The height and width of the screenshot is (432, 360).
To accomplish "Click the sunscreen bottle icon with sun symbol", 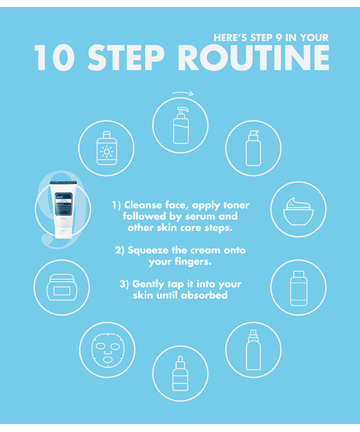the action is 107,148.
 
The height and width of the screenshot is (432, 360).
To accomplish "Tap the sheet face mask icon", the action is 107,350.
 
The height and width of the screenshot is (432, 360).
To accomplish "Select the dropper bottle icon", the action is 180,373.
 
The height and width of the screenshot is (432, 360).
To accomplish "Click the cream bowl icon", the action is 298,212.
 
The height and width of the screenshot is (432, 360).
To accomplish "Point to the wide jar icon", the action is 62,288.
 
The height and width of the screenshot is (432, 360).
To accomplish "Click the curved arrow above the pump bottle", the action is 183,93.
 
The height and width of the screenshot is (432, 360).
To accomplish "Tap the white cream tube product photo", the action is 63,209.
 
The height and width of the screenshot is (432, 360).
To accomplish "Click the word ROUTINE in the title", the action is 254,58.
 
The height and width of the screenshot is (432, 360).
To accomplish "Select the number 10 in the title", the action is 54,58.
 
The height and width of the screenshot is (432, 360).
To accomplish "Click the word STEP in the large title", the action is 126,58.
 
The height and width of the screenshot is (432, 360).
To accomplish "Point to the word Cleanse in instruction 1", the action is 143,205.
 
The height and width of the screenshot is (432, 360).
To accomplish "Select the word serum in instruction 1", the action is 200,216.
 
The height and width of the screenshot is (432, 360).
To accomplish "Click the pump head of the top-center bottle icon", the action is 182,111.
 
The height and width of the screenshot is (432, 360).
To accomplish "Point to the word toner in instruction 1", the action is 236,205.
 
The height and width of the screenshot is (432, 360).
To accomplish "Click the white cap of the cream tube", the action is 63,233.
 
